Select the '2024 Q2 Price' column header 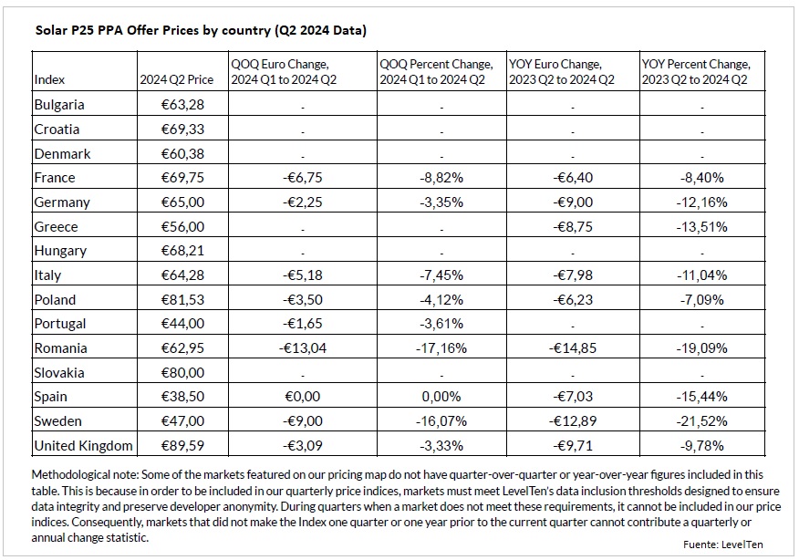[176, 80]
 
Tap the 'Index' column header [49, 80]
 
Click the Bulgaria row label [59, 105]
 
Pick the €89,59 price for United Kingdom [182, 446]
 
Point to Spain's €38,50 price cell [182, 397]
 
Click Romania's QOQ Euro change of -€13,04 [303, 348]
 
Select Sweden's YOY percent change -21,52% [701, 421]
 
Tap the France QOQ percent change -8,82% [441, 178]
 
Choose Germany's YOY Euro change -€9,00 [573, 202]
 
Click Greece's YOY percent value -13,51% [701, 227]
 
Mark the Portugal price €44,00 [182, 324]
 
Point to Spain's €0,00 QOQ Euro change [303, 397]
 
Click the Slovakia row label [59, 373]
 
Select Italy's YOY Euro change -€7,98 [573, 275]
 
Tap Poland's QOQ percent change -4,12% [441, 300]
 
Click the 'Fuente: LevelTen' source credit [723, 544]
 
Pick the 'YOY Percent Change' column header [696, 65]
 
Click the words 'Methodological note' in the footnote [84, 475]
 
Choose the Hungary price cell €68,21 [182, 251]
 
